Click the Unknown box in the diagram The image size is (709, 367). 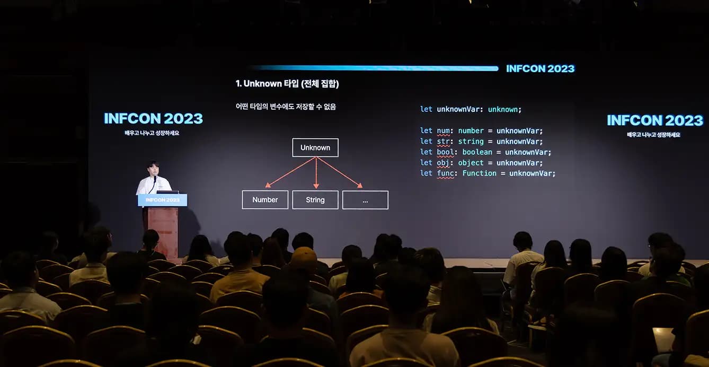click(x=315, y=147)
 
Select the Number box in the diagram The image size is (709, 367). click(x=265, y=200)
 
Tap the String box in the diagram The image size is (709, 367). click(x=315, y=200)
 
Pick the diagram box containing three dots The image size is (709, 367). click(x=365, y=200)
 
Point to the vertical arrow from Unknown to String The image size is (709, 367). click(x=316, y=173)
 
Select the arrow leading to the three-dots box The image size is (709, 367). click(x=339, y=172)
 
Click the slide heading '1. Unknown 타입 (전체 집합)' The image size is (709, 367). click(x=287, y=84)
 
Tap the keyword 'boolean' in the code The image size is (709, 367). click(x=477, y=152)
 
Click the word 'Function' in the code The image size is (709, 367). click(x=479, y=173)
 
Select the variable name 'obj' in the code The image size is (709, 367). click(x=443, y=163)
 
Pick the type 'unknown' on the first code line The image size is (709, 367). click(x=503, y=109)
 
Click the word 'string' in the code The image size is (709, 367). click(x=471, y=142)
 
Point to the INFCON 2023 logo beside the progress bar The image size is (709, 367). click(x=540, y=69)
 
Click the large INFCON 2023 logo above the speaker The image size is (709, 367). click(x=153, y=118)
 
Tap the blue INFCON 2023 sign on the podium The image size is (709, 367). click(x=162, y=200)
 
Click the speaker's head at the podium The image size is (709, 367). click(x=153, y=169)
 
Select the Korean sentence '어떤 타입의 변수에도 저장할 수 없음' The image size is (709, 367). click(x=286, y=107)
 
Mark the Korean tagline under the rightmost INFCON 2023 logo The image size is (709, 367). click(x=653, y=135)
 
